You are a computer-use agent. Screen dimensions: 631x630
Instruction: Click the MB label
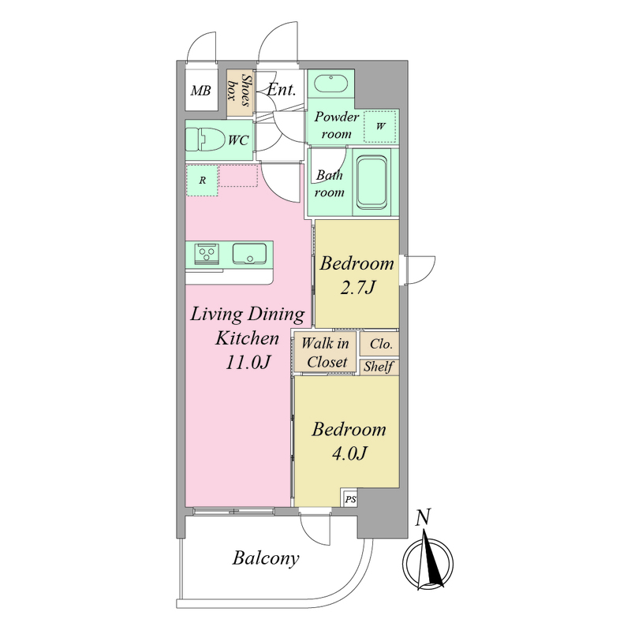(201, 91)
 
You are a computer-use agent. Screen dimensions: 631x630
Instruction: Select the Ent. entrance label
(282, 89)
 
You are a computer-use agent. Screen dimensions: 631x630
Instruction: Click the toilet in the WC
(205, 140)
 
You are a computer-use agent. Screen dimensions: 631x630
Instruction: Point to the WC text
(238, 140)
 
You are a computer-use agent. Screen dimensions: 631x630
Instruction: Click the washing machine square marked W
(380, 126)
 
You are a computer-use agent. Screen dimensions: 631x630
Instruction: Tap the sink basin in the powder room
(330, 84)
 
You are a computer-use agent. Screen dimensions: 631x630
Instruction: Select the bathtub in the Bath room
(372, 183)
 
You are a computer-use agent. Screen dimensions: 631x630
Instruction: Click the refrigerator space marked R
(202, 181)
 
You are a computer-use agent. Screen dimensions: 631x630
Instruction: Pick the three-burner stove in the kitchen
(207, 253)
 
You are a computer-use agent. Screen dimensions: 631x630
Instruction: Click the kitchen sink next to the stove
(249, 253)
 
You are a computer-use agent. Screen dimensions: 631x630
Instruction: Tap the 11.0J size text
(248, 362)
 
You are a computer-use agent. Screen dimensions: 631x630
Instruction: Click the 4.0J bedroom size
(349, 453)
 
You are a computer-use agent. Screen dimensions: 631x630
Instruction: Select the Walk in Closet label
(325, 352)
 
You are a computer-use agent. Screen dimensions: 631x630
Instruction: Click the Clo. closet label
(381, 344)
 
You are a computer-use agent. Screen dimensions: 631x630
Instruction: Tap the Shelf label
(379, 367)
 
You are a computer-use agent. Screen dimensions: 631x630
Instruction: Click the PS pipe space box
(350, 499)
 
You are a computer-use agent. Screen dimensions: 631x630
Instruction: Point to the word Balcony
(266, 559)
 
